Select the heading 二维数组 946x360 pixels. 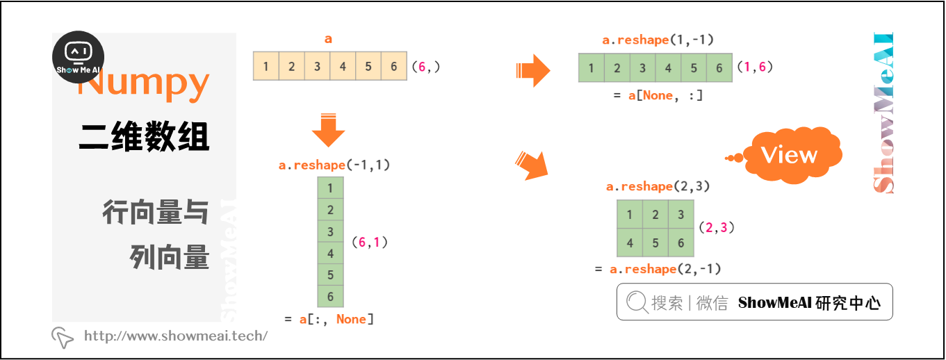(x=144, y=136)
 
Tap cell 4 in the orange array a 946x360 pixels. (x=343, y=67)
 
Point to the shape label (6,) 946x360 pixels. (x=425, y=67)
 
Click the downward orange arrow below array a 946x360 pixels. (x=328, y=129)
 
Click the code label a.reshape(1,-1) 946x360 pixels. (x=658, y=40)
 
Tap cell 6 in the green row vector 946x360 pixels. (x=719, y=68)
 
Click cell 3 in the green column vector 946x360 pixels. (x=330, y=231)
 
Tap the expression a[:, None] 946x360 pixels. (x=329, y=319)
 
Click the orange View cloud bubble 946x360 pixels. (x=790, y=155)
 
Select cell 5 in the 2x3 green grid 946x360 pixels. (x=655, y=243)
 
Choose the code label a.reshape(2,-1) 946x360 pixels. (x=665, y=270)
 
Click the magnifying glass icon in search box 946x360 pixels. (x=636, y=302)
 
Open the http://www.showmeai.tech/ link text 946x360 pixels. (x=175, y=336)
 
